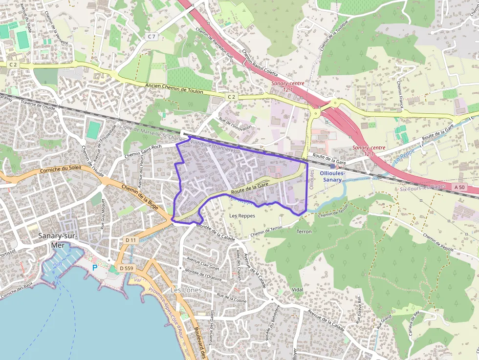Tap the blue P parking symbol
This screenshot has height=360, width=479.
tap(95, 268)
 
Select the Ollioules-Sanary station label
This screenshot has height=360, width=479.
tap(333, 176)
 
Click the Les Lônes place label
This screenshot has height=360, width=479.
tap(186, 290)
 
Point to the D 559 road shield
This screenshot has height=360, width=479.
tap(126, 268)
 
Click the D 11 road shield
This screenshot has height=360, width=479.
tap(130, 240)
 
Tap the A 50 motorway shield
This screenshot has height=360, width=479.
tap(459, 187)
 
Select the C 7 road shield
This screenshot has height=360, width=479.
tap(152, 37)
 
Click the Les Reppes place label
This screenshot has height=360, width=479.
tap(242, 215)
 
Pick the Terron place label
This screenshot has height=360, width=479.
tap(304, 231)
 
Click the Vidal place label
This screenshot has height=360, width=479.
tap(297, 290)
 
